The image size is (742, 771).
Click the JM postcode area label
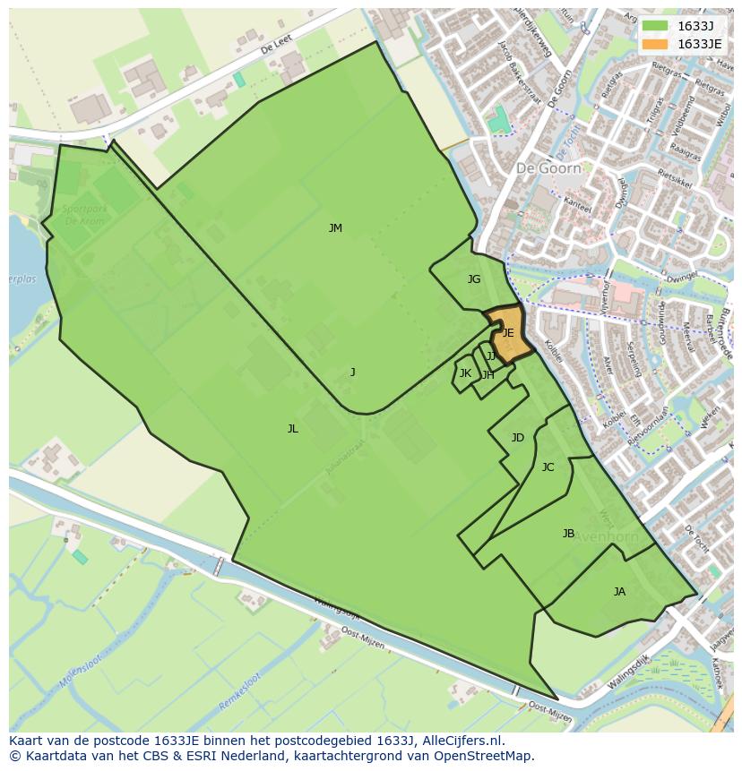pos(335,228)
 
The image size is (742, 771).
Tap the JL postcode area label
pos(292,429)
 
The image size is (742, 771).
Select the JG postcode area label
pos(474,279)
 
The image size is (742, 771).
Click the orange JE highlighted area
pos(508,333)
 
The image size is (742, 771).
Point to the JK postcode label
pos(465,373)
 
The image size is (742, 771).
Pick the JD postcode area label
pos(517,438)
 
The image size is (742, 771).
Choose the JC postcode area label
pos(548,467)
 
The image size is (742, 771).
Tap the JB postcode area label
pos(568,534)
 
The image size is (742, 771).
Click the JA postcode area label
pos(619,592)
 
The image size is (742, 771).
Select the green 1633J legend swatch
pos(655,25)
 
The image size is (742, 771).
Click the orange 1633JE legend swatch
pos(655,44)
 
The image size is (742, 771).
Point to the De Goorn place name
pos(548,167)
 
